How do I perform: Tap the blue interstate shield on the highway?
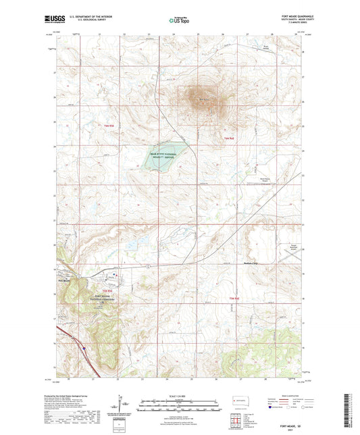click(x=83, y=349)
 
